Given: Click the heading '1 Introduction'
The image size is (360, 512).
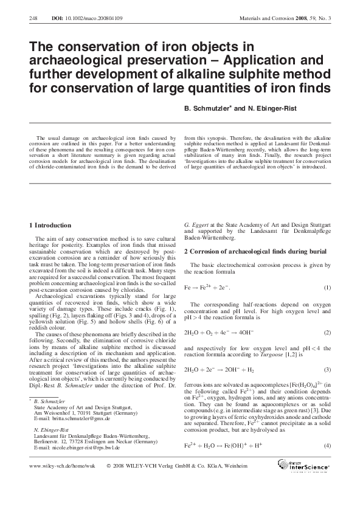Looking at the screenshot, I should tap(53, 226).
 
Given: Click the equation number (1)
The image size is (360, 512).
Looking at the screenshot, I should tap(327, 287).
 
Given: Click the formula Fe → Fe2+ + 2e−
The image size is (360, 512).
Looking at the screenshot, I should tap(207, 287).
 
